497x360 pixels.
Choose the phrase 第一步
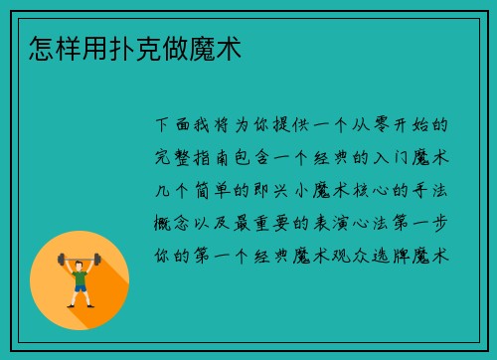(x=420, y=223)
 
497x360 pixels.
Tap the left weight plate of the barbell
(x=59, y=262)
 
